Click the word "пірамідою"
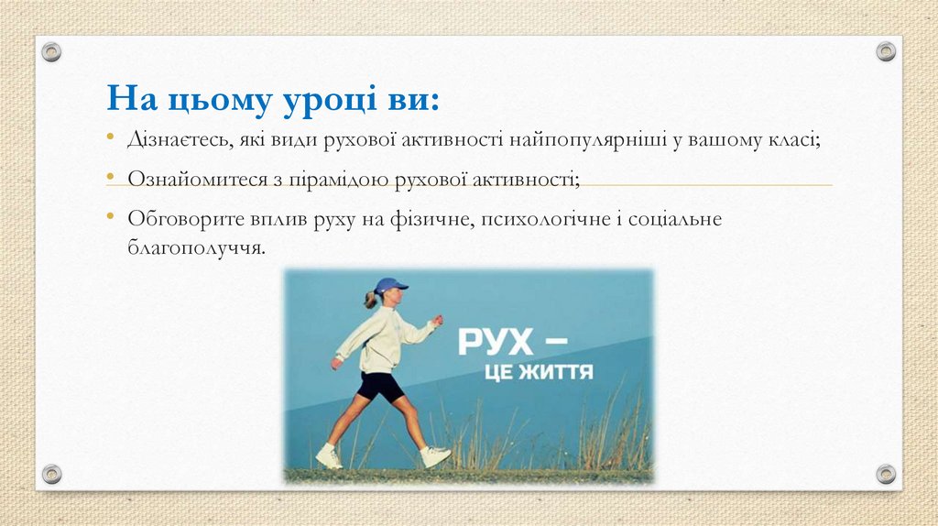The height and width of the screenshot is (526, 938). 344,178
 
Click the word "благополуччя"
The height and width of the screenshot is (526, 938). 195,247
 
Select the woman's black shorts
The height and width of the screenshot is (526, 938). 379,386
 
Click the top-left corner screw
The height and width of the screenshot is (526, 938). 52,52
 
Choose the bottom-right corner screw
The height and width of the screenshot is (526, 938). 886,474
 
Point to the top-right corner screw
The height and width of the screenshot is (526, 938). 886,52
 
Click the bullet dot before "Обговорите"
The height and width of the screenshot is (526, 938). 109,215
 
